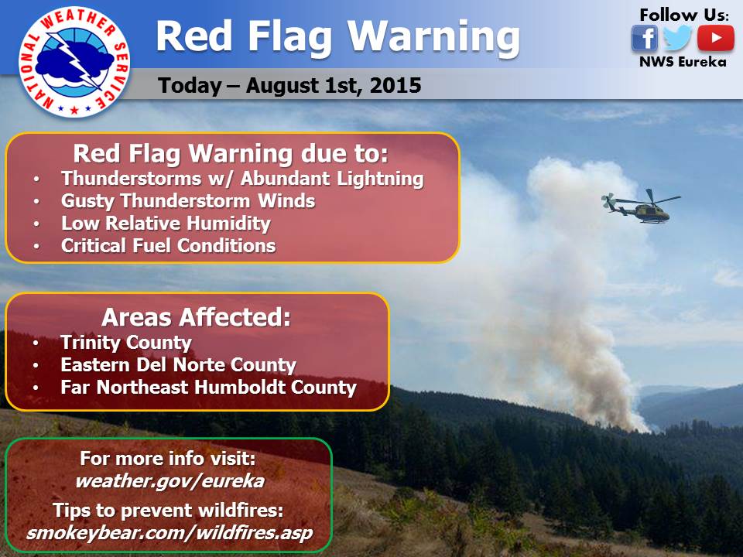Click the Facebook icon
click(644, 38)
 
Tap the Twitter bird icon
click(678, 38)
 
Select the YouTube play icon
click(715, 38)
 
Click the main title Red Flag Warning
click(337, 36)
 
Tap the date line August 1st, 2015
click(289, 85)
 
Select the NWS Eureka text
click(683, 62)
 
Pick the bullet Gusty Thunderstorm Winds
click(188, 201)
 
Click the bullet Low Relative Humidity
click(166, 224)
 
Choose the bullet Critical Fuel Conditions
click(168, 246)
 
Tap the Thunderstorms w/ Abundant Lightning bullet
click(242, 179)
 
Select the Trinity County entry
click(125, 342)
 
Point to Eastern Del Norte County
click(178, 364)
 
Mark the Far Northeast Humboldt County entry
click(208, 387)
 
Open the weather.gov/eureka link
click(169, 480)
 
